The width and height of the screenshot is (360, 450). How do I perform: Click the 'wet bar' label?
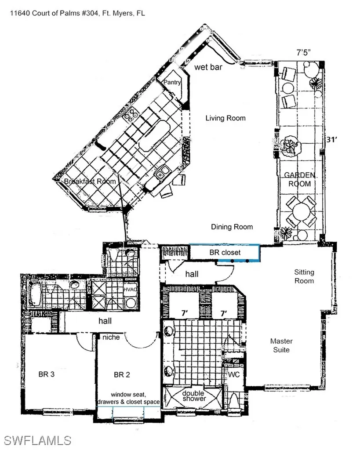click(208, 68)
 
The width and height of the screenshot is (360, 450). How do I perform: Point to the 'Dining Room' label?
click(232, 227)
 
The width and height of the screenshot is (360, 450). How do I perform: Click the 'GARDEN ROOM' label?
click(299, 179)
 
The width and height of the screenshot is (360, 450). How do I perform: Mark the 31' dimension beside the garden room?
click(331, 139)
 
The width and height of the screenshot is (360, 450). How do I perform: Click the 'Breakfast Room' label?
click(90, 181)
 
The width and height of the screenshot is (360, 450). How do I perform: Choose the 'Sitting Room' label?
click(304, 276)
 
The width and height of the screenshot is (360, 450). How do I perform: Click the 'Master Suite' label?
click(281, 345)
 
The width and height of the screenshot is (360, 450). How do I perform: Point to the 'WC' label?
click(233, 375)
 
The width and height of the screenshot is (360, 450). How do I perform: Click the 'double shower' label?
click(194, 396)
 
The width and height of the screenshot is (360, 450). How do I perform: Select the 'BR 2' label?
click(122, 375)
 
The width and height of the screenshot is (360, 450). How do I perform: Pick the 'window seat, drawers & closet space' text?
click(128, 398)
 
